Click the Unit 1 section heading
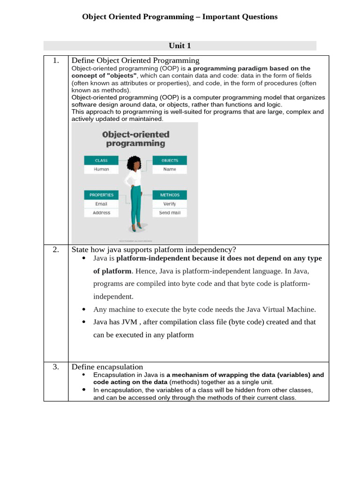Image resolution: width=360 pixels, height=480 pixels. click(180, 45)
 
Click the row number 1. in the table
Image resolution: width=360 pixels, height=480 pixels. click(56, 60)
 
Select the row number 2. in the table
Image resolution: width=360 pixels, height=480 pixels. click(56, 249)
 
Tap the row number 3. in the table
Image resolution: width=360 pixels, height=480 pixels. click(56, 367)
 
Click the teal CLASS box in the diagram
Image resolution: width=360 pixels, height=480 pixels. click(101, 160)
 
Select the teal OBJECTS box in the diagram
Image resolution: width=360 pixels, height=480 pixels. click(170, 160)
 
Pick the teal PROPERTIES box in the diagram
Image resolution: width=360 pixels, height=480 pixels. click(101, 195)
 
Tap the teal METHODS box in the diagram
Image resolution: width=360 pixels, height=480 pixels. click(170, 195)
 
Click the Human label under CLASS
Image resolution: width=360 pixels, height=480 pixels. click(101, 169)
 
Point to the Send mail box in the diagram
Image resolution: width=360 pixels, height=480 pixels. click(170, 212)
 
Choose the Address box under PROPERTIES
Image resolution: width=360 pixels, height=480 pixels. click(101, 212)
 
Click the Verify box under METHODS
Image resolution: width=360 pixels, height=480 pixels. click(170, 204)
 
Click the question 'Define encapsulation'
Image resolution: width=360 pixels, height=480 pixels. click(107, 367)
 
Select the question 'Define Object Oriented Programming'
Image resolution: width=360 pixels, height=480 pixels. click(135, 60)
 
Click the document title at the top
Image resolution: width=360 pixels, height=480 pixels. click(180, 17)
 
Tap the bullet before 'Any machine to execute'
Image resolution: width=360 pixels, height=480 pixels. click(83, 309)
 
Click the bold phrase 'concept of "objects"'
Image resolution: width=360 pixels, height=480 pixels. click(104, 75)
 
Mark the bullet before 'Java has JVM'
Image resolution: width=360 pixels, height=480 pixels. click(83, 322)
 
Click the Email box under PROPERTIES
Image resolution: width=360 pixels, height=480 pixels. click(101, 204)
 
